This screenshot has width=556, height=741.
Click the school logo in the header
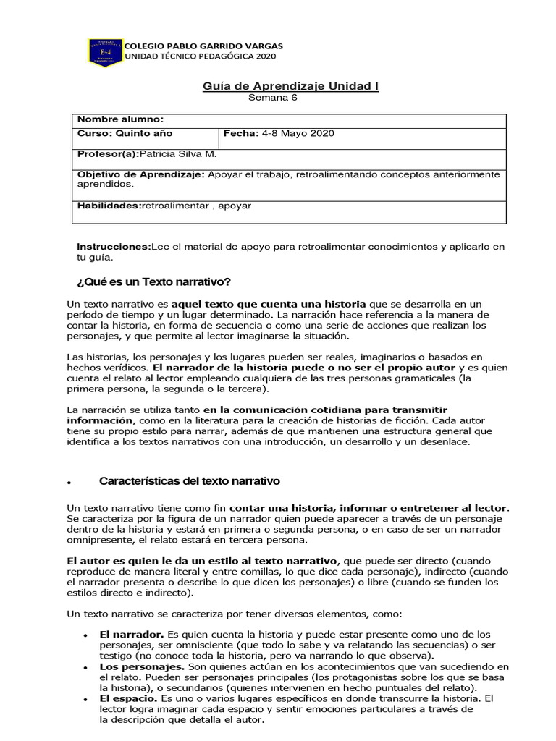(104, 51)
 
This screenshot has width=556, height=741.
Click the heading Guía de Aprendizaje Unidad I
(290, 86)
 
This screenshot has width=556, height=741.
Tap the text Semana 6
(273, 98)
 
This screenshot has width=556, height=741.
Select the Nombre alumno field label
(121, 119)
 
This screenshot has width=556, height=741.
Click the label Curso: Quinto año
(125, 134)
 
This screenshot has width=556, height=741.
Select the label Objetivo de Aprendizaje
(140, 174)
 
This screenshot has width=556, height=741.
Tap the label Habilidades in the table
(109, 206)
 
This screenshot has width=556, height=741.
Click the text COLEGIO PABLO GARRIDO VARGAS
(204, 46)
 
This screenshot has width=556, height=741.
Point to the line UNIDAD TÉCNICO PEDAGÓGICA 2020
(201, 56)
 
